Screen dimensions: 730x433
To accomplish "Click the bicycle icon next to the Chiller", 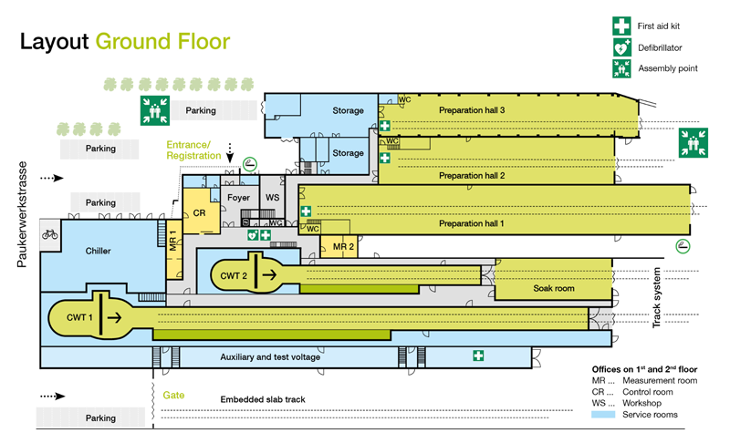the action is [x=50, y=234].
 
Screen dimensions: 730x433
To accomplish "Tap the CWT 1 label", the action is [x=79, y=317].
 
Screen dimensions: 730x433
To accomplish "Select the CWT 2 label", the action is [x=234, y=276].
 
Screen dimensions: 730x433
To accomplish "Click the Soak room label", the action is [x=554, y=288].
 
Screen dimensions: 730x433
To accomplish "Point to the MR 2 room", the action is [x=339, y=246].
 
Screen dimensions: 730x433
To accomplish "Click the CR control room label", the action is [x=199, y=213].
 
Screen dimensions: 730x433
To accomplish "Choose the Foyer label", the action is [x=238, y=198].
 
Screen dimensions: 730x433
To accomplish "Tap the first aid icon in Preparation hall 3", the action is [x=384, y=126].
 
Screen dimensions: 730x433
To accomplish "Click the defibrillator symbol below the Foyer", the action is [x=253, y=235].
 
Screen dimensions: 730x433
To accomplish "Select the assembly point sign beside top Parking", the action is [x=155, y=110].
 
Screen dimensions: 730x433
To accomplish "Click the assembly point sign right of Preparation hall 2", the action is [x=693, y=143].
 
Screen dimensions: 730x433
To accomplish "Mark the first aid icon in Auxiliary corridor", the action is [x=478, y=356].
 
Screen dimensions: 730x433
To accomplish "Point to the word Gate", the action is [x=173, y=396].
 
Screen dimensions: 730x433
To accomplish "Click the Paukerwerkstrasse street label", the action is [x=22, y=214].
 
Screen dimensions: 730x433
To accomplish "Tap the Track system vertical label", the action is [x=656, y=298].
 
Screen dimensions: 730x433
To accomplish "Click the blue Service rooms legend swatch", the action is [x=603, y=415].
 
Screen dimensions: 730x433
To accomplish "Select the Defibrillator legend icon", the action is [x=622, y=48].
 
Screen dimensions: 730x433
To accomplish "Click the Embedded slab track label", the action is [x=263, y=399].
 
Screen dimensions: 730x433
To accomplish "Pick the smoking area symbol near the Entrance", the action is [x=250, y=164].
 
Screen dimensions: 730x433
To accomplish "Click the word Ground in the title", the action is [x=133, y=41].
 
